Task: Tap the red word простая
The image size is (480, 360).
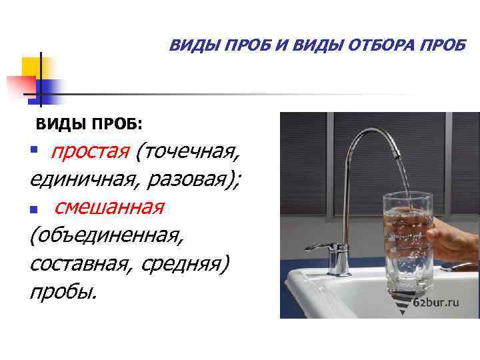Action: [90, 151]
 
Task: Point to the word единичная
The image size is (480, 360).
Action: [74, 179]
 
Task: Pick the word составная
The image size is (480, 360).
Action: [80, 264]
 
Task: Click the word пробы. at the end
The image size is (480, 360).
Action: [63, 292]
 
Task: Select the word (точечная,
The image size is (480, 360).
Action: [187, 151]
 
